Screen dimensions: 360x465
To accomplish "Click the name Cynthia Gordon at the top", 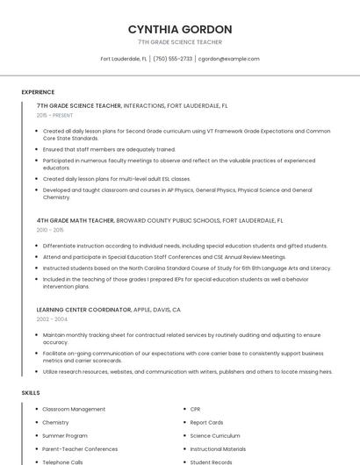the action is (x=180, y=29).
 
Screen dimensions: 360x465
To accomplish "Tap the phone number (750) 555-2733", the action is (x=172, y=59).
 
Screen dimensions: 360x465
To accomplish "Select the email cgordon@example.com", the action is (x=228, y=59).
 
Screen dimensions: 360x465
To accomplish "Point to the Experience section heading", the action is (x=38, y=92).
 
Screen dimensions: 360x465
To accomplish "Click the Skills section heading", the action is (x=31, y=393).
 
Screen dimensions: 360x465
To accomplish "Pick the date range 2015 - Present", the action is (x=54, y=115).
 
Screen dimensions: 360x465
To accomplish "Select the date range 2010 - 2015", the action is (x=51, y=230).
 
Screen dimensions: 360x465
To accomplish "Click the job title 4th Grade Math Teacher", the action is (x=76, y=221).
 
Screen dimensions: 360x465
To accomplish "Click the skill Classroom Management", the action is (x=74, y=410).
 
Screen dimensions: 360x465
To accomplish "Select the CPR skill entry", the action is (x=196, y=410).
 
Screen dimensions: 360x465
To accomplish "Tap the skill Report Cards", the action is (x=206, y=422).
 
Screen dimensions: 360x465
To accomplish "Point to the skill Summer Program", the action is (x=65, y=435).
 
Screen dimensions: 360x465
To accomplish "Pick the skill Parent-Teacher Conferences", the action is (x=80, y=448).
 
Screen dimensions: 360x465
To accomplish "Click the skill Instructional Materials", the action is (x=219, y=448).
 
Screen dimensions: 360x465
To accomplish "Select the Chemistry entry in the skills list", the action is (x=55, y=422).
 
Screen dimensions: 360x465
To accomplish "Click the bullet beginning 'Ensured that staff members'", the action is (x=109, y=149).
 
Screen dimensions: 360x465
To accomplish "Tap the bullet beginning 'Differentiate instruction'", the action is (x=184, y=246).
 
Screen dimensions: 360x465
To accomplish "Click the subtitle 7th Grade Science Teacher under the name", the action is (x=180, y=42).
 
